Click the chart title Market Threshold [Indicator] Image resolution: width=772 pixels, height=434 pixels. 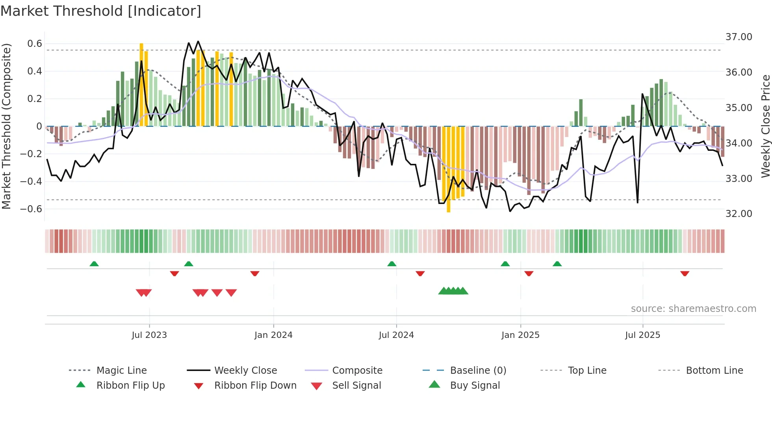point(101,11)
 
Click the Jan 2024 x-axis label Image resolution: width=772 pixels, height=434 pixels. point(273,335)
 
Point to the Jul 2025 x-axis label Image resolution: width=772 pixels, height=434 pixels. point(642,335)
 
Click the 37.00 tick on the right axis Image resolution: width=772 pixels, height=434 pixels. point(739,37)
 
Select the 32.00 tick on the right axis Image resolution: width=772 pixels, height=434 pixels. point(739,214)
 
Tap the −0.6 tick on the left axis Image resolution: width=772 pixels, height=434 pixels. point(31,209)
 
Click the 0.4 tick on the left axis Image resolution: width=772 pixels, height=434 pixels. point(35,71)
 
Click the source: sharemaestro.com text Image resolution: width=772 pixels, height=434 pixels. point(693,309)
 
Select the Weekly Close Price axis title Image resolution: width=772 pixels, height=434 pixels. point(765,126)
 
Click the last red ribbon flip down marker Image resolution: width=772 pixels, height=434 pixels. point(685,273)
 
